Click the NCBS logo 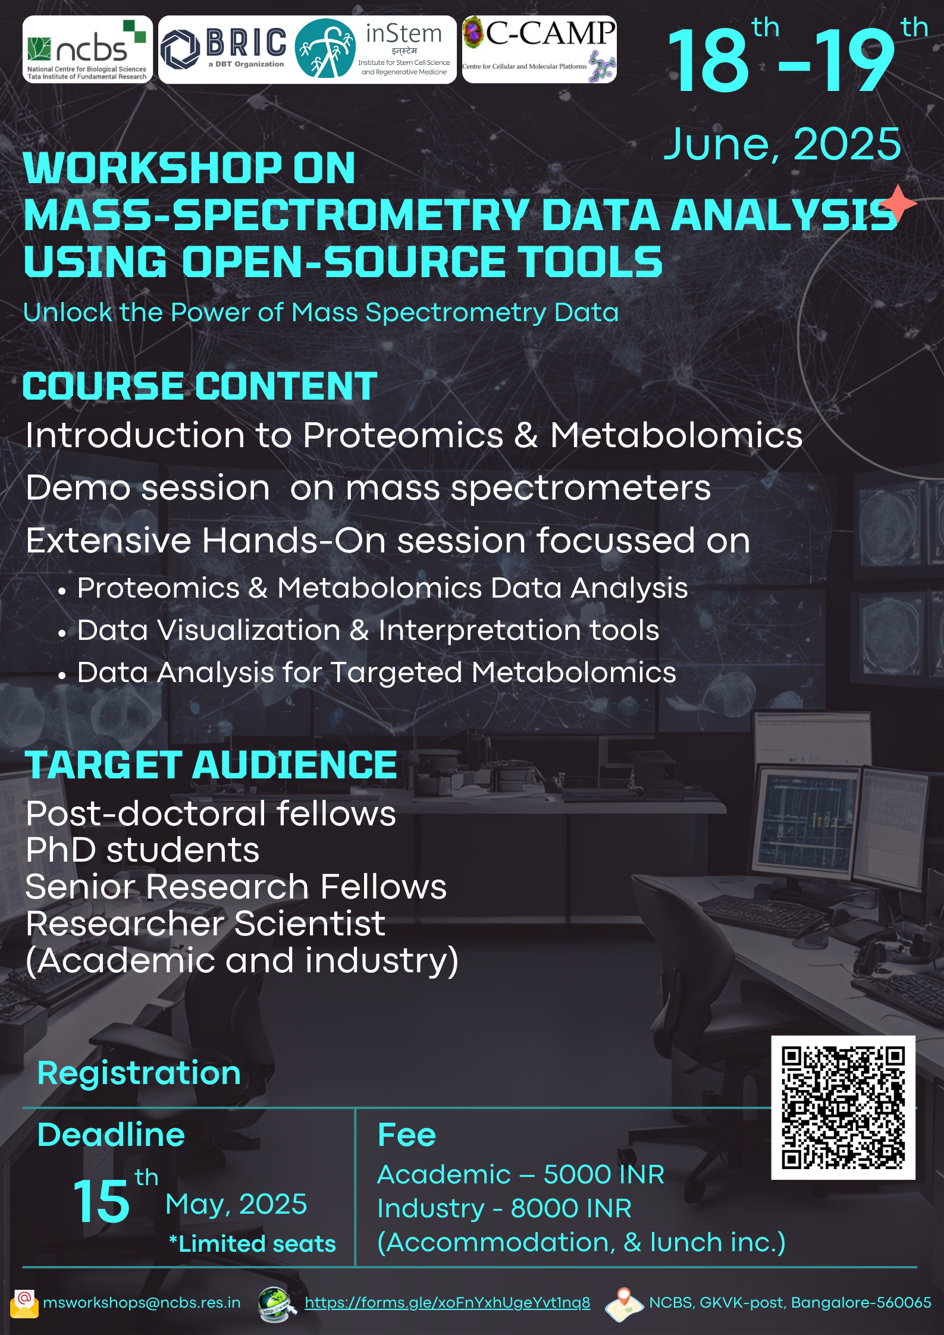tap(87, 49)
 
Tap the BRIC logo tap(224, 49)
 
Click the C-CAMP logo tap(540, 49)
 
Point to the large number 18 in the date tap(708, 61)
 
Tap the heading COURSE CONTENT tap(200, 386)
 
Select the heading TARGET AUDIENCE tap(211, 765)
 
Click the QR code tap(843, 1108)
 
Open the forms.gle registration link tap(447, 1302)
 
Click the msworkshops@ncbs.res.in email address tap(142, 1302)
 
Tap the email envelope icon tap(24, 1303)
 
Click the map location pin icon tap(624, 1304)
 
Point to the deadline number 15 tap(101, 1202)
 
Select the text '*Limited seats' tap(252, 1244)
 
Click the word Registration tap(139, 1074)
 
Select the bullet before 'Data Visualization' tap(62, 634)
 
